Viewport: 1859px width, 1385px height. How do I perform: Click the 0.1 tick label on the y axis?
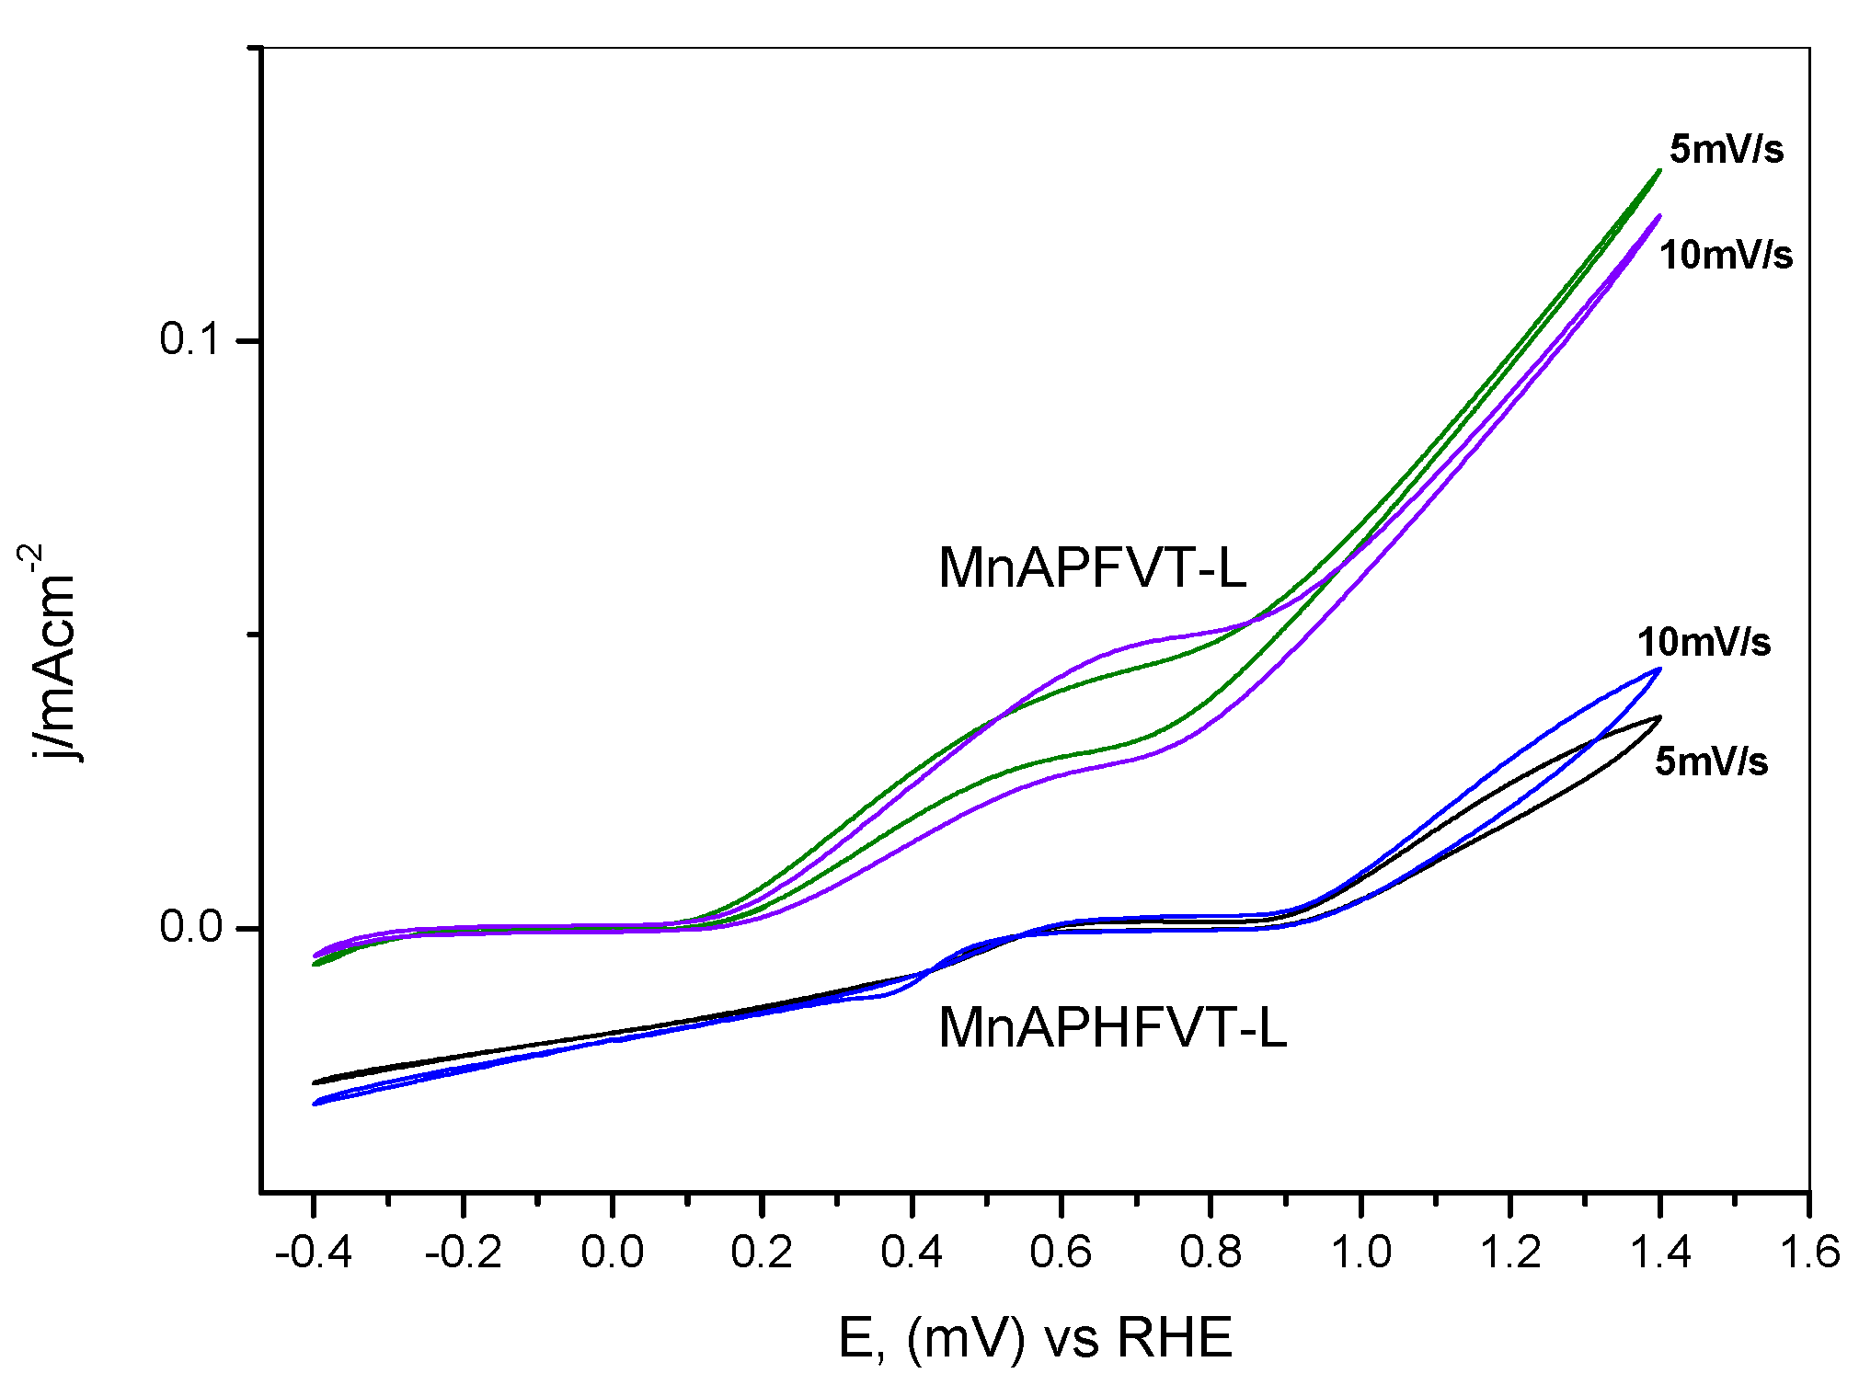191,339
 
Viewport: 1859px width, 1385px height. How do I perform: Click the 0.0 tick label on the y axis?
191,926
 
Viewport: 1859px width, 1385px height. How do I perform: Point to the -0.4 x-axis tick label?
314,1253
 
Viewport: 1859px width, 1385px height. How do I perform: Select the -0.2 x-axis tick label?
463,1253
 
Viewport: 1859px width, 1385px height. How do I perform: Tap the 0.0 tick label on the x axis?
612,1253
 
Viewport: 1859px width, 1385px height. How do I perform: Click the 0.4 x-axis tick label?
911,1253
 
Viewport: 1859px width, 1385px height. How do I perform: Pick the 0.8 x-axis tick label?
1211,1253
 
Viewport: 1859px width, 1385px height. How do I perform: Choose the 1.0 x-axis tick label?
1360,1253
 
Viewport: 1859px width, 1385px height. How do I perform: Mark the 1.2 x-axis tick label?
1509,1253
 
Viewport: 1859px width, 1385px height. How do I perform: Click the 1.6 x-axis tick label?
1808,1253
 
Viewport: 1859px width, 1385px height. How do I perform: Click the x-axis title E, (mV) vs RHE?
1035,1338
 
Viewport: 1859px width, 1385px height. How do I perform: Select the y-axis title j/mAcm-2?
51,653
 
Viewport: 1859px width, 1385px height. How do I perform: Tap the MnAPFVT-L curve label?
1092,567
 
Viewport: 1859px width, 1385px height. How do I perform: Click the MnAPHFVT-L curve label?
1112,1027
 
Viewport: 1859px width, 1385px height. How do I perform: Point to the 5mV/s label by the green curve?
1727,149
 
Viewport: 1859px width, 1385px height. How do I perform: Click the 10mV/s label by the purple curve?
1726,255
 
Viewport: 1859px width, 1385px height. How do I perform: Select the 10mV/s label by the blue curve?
1704,642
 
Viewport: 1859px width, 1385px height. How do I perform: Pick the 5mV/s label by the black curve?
1711,761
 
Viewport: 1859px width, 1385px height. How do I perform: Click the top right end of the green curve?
1659,170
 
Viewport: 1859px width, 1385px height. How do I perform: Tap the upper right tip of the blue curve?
1659,669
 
